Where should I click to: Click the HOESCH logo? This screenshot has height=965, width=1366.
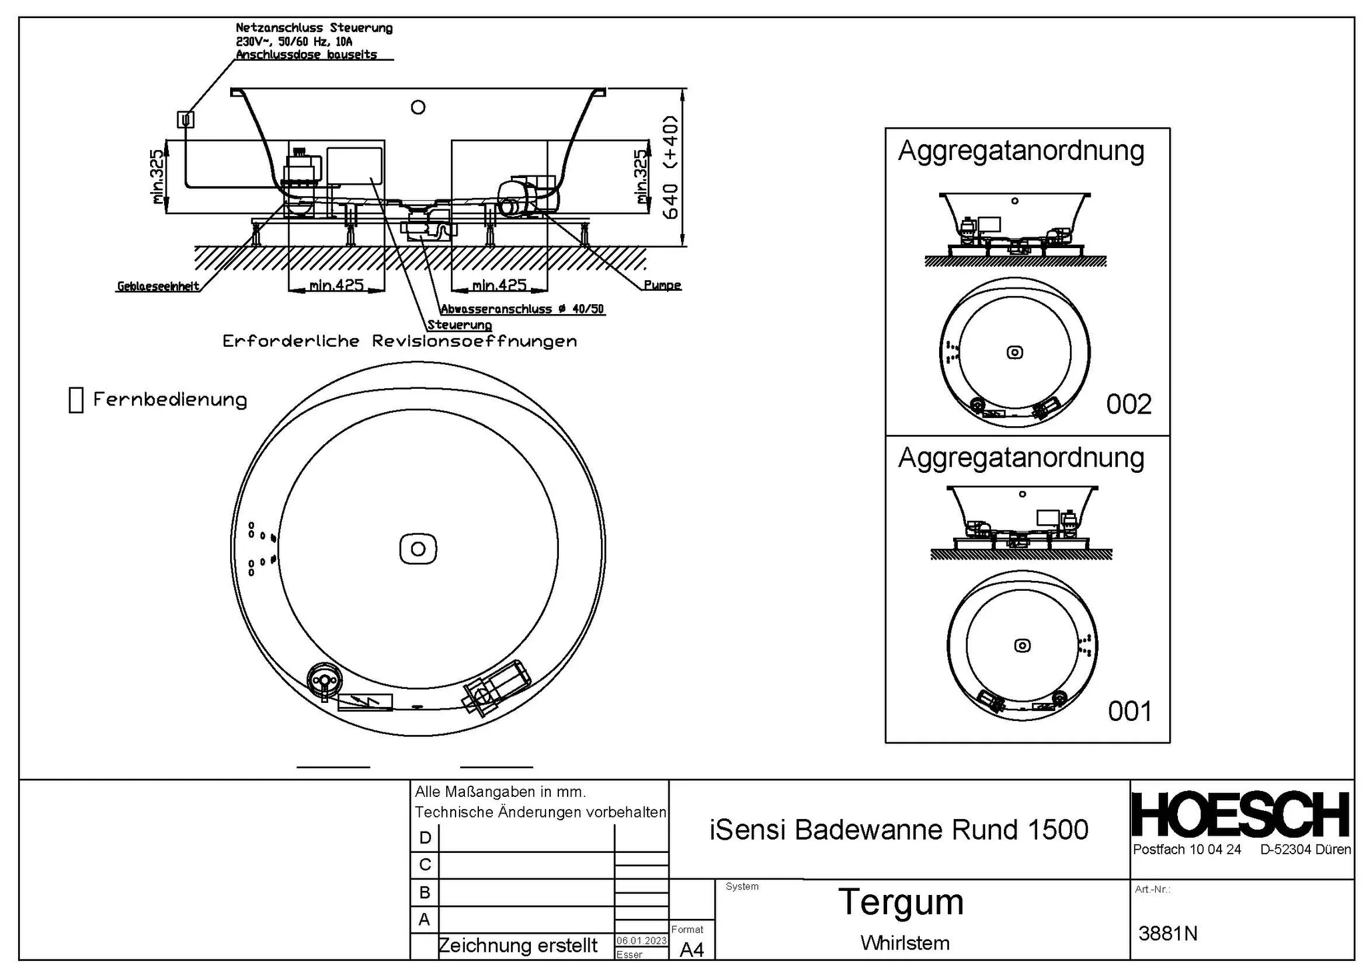coord(1241,814)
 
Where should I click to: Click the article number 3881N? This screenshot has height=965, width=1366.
coord(1167,934)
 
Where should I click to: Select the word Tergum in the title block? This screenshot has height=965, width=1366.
coord(900,902)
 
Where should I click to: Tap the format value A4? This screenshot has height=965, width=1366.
coord(692,949)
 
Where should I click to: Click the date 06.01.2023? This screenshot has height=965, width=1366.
coord(641,940)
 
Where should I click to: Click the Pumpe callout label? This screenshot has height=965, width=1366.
coord(662,285)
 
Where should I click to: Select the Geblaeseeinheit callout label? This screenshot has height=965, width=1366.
coord(158,287)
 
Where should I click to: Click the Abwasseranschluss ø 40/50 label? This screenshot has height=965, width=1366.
coord(522,309)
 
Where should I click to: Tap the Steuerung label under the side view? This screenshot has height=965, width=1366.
coord(460,325)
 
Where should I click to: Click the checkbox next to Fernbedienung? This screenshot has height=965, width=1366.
coord(76,400)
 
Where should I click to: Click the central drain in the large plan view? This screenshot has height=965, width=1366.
coord(418,549)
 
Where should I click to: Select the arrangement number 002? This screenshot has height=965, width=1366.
coord(1129,405)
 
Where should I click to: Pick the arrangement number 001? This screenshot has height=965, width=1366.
coord(1130,712)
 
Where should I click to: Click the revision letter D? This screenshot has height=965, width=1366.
coord(424,838)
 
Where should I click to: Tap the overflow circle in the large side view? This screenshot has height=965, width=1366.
coord(418,107)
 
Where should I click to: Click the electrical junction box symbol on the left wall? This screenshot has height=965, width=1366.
coord(185,119)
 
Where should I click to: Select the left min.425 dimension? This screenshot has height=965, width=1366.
coord(336,285)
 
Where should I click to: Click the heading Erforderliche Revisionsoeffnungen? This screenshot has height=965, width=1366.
coord(400,341)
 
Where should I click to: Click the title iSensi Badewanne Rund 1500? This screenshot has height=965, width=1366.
coord(898,830)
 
